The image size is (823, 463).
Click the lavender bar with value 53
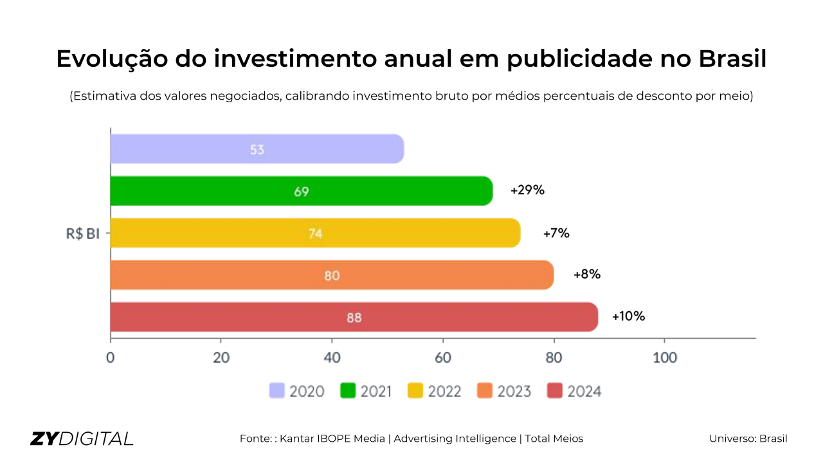[x=257, y=149]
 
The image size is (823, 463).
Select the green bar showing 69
[x=302, y=191]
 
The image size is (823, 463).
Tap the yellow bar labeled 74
[x=315, y=233]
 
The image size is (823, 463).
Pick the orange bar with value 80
[x=332, y=275]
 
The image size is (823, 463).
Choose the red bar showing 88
[x=354, y=317]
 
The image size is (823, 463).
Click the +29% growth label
[x=527, y=190]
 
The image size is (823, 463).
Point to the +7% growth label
[x=556, y=233]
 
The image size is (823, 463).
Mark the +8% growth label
[x=586, y=275]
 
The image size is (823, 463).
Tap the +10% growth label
[x=628, y=316]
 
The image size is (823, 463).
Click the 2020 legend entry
[x=297, y=391]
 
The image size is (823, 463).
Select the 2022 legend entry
[x=435, y=391]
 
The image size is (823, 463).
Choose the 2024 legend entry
[x=574, y=391]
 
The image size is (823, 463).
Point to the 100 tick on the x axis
[x=665, y=358]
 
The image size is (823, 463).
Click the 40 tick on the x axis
[x=332, y=358]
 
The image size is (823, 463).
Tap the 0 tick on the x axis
[x=111, y=358]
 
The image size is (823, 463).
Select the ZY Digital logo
[x=82, y=439]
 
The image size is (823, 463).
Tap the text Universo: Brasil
[x=748, y=439]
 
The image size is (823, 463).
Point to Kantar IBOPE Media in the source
[x=332, y=439]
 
